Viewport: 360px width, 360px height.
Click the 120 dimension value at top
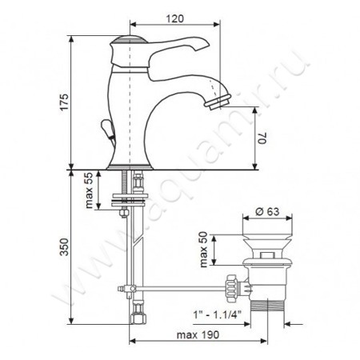175,18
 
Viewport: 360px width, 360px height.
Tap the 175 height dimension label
64,102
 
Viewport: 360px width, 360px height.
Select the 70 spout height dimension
262,138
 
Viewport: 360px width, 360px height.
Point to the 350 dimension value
64,247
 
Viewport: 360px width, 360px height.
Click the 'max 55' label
89,190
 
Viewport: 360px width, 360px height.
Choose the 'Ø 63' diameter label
267,211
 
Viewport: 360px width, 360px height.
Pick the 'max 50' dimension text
203,250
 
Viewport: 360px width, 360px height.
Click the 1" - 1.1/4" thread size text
218,314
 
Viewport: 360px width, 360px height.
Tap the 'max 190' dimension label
198,334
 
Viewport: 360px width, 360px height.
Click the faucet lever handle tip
205,44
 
